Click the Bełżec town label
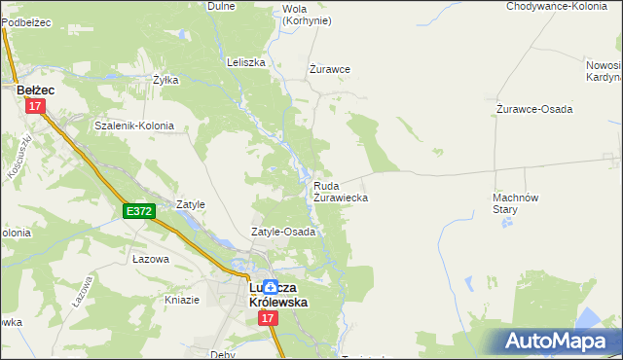(x=35, y=90)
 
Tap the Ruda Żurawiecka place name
(x=340, y=191)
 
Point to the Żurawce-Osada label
(x=533, y=109)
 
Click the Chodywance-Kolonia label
(x=557, y=6)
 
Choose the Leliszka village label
(x=245, y=62)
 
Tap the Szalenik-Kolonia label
(x=133, y=126)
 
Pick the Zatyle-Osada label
(x=283, y=233)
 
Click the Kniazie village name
(x=182, y=300)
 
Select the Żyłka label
(x=165, y=81)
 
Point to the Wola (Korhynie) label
(x=306, y=15)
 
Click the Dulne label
(x=222, y=6)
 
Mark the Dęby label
(x=222, y=355)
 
